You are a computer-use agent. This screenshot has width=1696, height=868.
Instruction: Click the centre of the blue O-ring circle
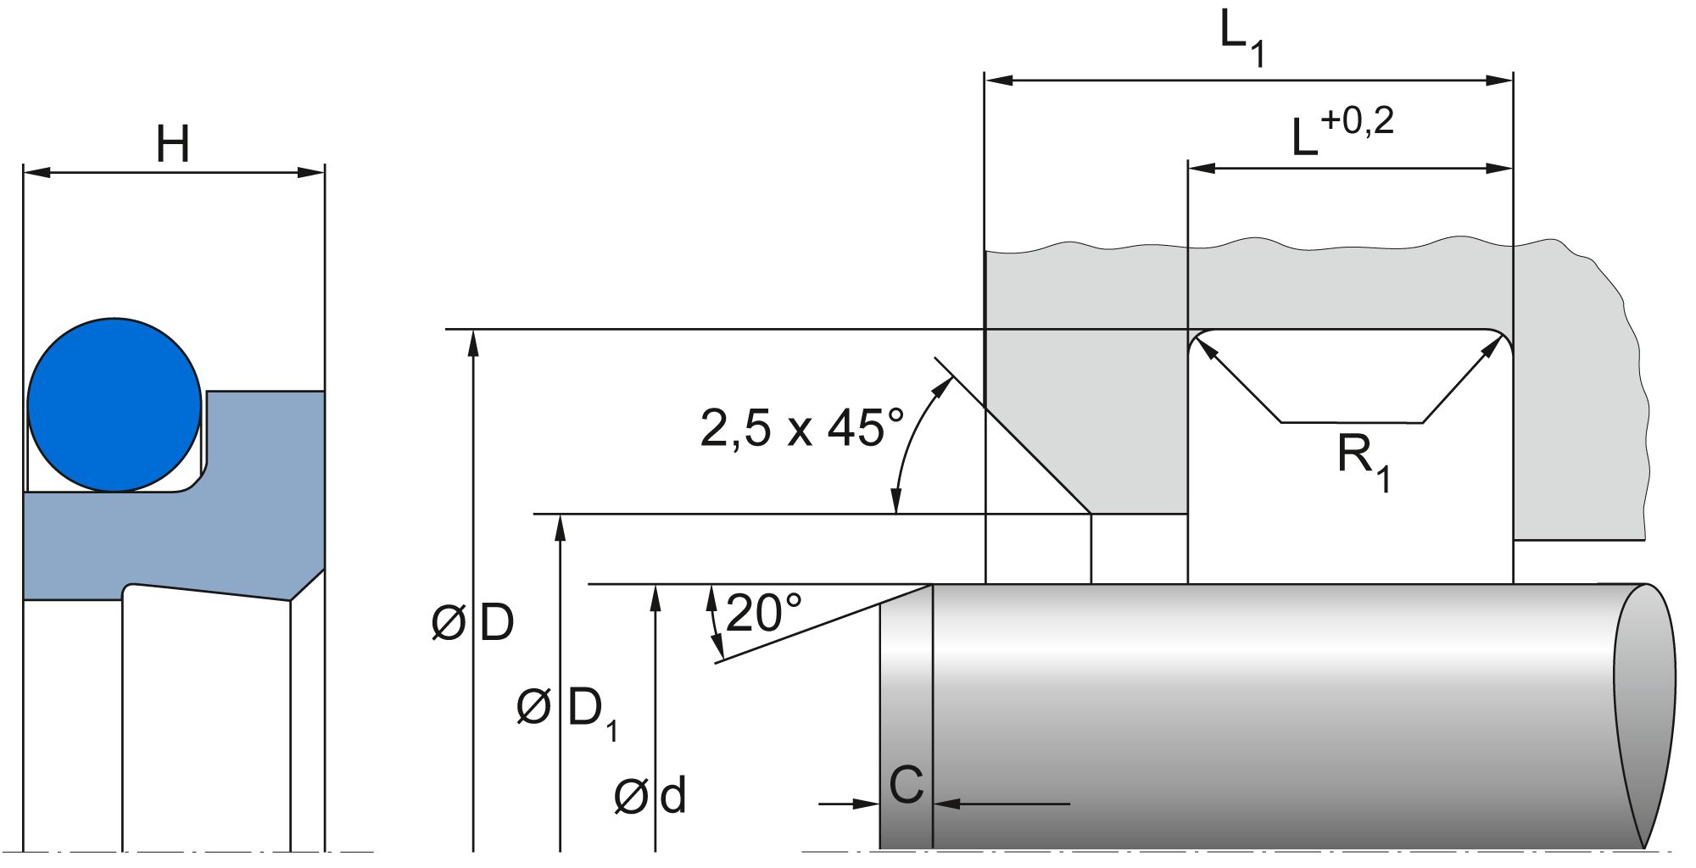pyautogui.click(x=114, y=405)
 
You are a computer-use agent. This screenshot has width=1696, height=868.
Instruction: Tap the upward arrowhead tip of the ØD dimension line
pyautogui.click(x=474, y=330)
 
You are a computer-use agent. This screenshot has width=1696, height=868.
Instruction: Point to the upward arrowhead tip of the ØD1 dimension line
pyautogui.click(x=560, y=515)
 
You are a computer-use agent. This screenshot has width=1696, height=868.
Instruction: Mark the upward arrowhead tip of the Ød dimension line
pyautogui.click(x=655, y=585)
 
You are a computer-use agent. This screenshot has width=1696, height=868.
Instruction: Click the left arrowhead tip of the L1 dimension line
pyautogui.click(x=985, y=81)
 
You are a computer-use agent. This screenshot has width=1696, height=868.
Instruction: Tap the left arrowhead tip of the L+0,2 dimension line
pyautogui.click(x=1189, y=168)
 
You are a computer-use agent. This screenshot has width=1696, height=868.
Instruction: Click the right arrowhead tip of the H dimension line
pyautogui.click(x=324, y=173)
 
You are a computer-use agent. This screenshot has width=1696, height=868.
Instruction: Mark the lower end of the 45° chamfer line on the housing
pyautogui.click(x=1091, y=514)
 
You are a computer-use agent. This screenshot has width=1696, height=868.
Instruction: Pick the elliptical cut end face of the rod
pyautogui.click(x=1644, y=716)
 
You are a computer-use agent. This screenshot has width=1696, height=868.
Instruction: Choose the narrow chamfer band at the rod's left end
pyautogui.click(x=906, y=721)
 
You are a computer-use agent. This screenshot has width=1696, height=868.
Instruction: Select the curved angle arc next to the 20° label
pyautogui.click(x=714, y=623)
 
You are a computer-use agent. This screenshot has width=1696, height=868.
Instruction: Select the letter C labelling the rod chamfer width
pyautogui.click(x=906, y=785)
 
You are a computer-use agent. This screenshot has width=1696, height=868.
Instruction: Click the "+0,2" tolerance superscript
pyautogui.click(x=1357, y=121)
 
